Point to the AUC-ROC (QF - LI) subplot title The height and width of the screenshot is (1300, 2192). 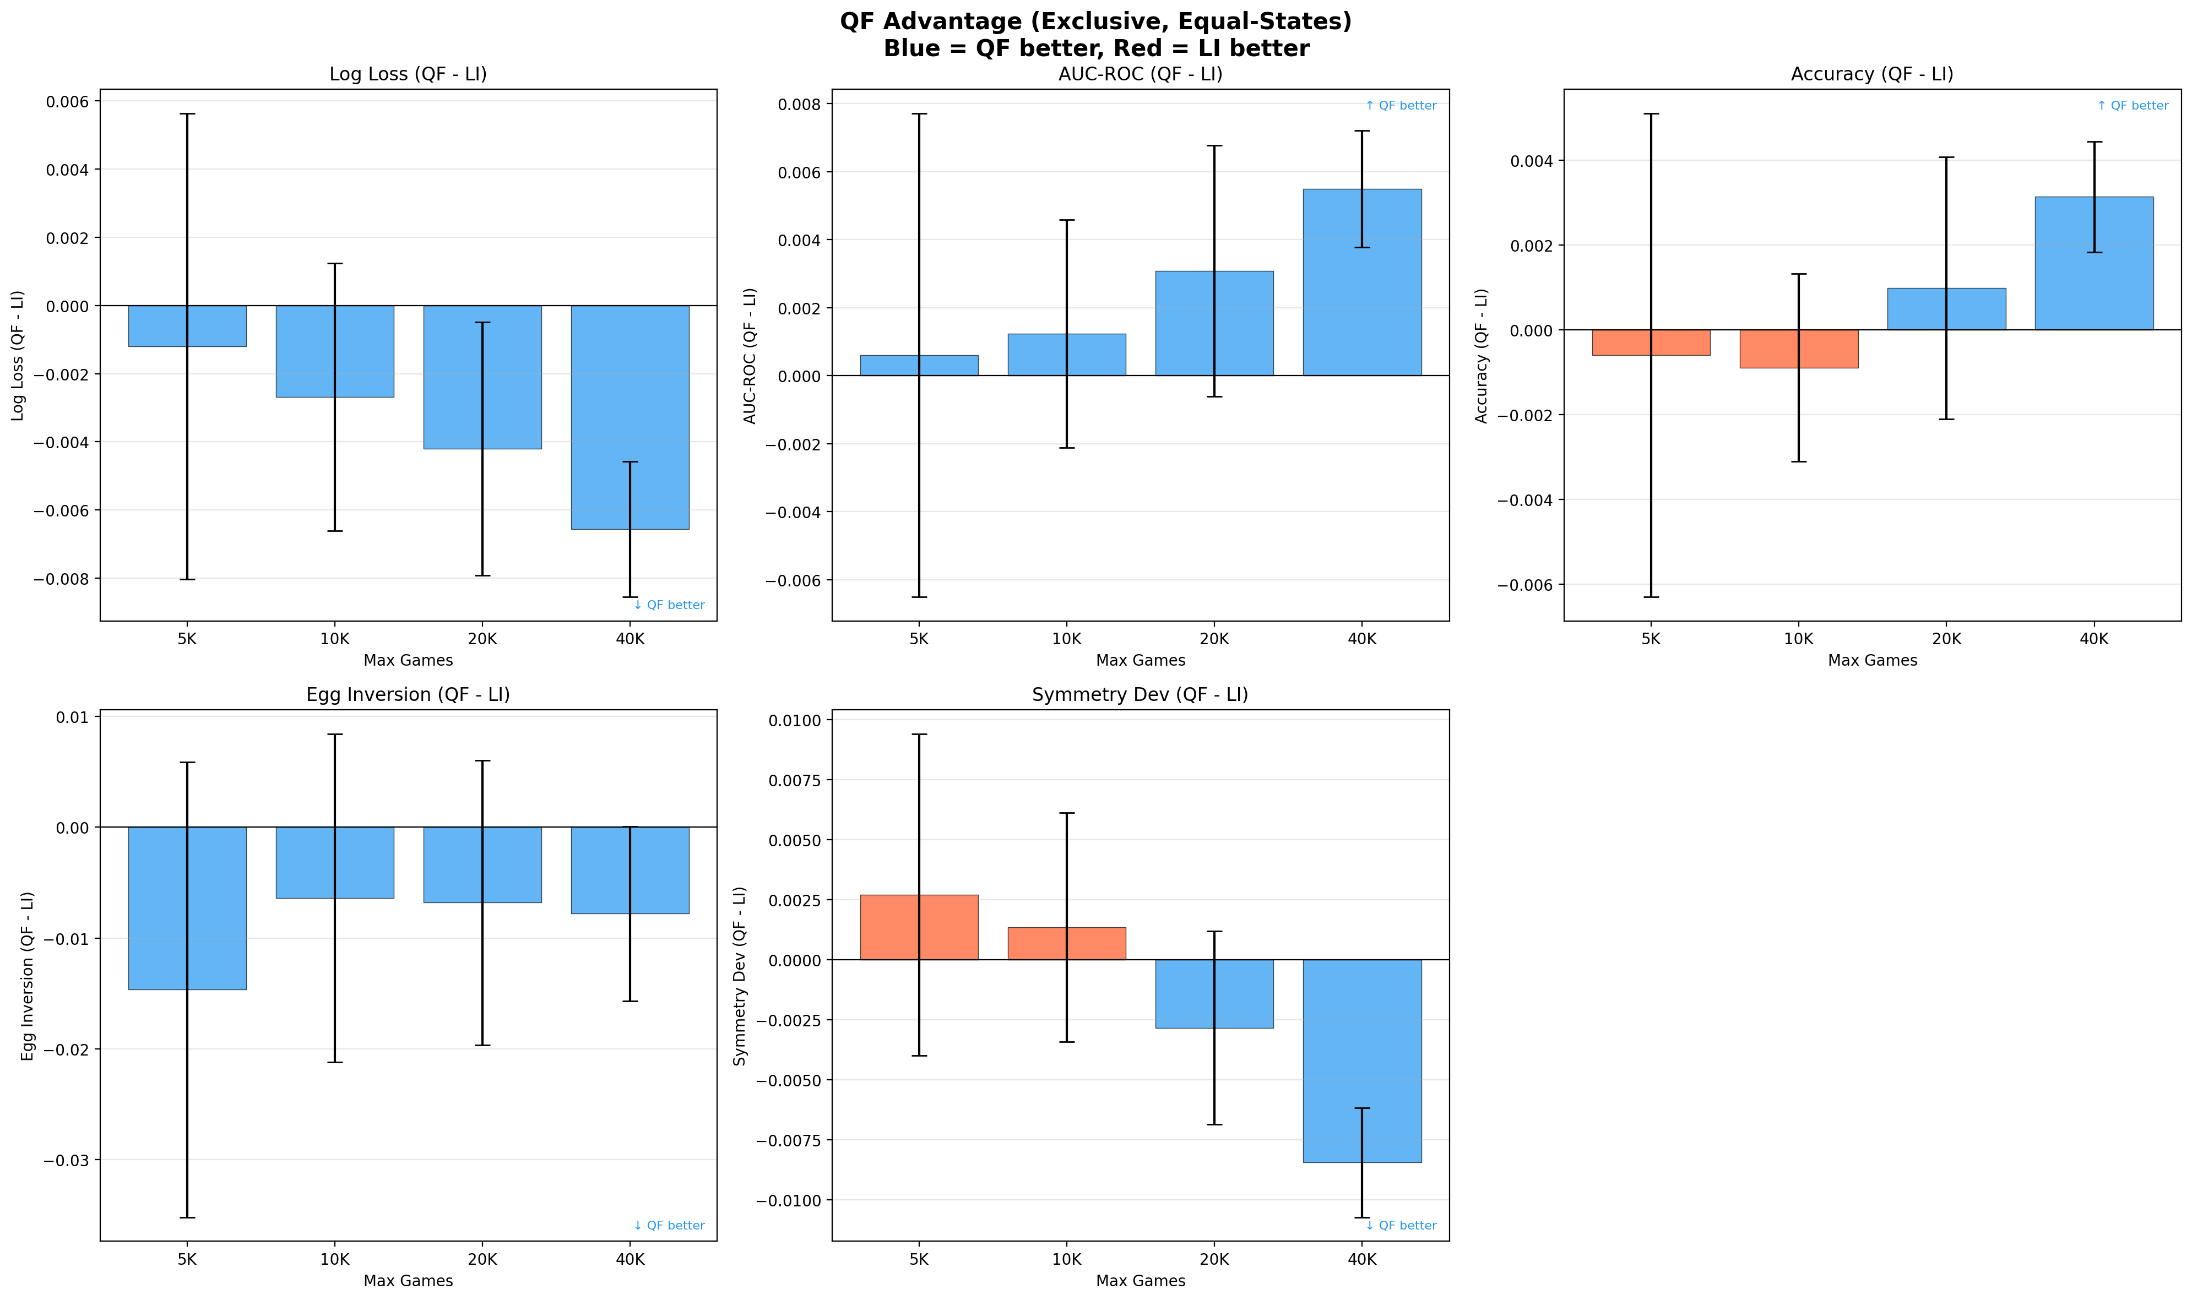pos(1140,74)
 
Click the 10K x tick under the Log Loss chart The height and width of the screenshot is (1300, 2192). pos(335,639)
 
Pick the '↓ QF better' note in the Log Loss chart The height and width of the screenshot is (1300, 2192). pos(669,605)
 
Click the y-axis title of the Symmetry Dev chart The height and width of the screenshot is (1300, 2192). pos(740,976)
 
